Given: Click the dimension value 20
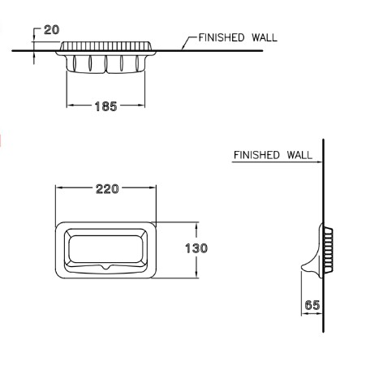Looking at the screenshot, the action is click(51, 30).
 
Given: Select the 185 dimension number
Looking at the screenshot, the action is click(105, 106).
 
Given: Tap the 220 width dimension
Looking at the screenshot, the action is click(107, 189).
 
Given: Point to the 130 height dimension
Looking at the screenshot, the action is click(196, 248).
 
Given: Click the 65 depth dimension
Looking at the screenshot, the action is click(312, 305).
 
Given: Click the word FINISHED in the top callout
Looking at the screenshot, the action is click(222, 37).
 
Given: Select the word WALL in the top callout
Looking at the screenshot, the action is click(265, 37).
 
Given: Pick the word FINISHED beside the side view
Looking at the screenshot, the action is click(256, 155).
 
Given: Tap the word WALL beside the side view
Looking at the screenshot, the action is click(299, 155).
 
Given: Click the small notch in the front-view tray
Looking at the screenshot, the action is click(106, 267).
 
